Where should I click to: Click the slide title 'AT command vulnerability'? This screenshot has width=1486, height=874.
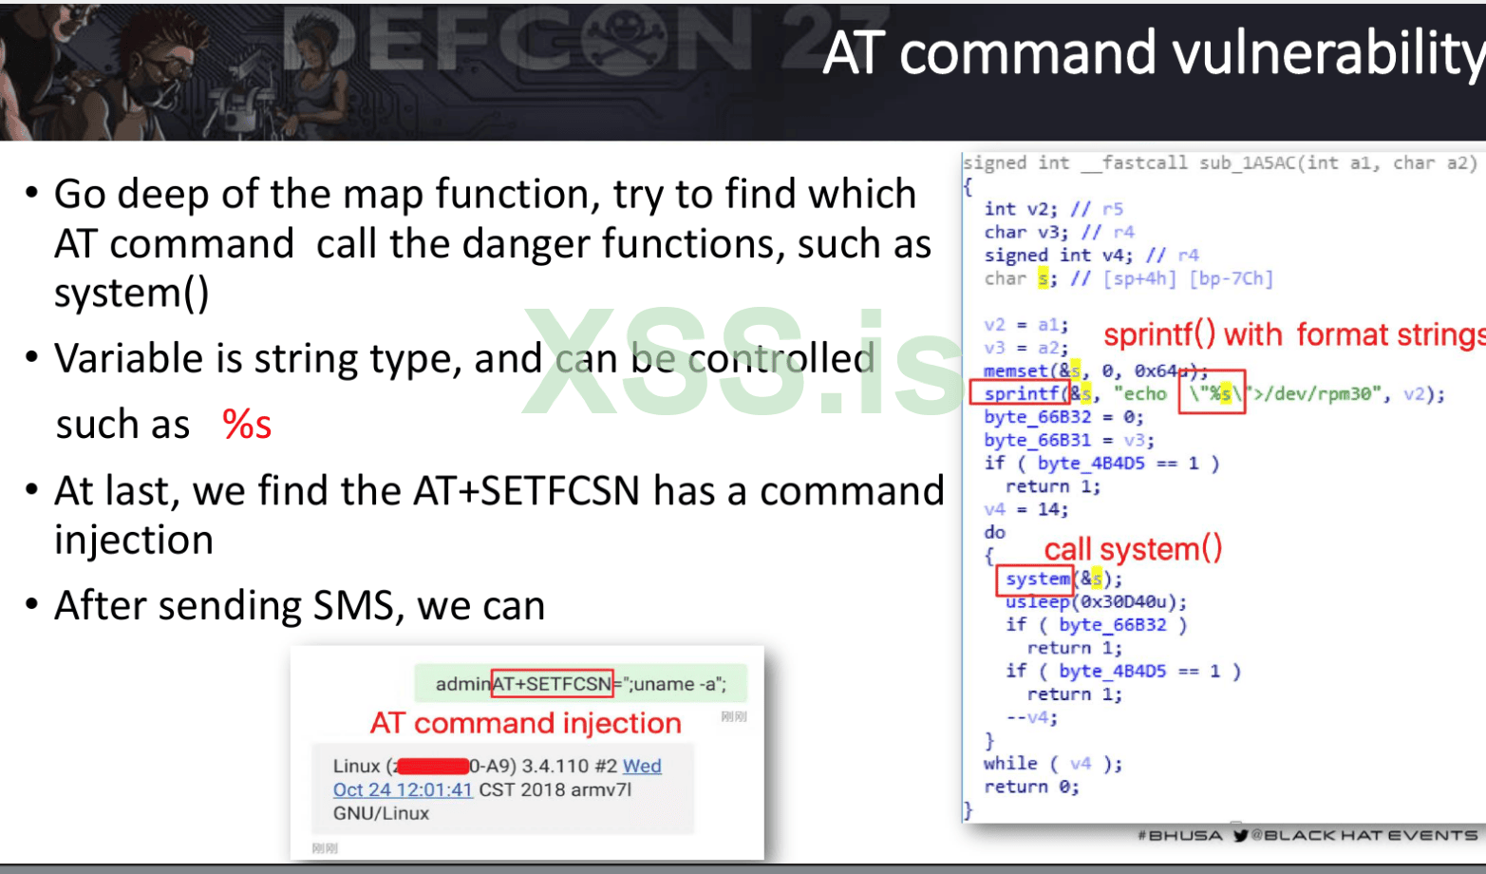pyautogui.click(x=1153, y=52)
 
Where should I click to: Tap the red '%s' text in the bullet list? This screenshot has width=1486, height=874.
pyautogui.click(x=247, y=425)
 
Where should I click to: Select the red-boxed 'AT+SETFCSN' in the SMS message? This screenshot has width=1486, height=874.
pyautogui.click(x=552, y=684)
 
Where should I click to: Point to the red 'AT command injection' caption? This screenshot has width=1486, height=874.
pyautogui.click(x=525, y=724)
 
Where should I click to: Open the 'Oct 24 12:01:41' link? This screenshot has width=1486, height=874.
pyautogui.click(x=403, y=790)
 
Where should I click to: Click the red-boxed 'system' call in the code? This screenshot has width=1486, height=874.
pyautogui.click(x=1036, y=579)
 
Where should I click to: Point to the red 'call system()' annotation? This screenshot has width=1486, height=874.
pyautogui.click(x=1133, y=549)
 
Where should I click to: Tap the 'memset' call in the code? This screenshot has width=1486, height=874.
pyautogui.click(x=1015, y=370)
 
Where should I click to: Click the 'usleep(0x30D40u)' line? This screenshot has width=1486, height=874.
pyautogui.click(x=1096, y=602)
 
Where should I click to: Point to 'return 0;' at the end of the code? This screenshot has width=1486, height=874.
pyautogui.click(x=1031, y=787)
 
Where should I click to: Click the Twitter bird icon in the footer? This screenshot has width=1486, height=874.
pyautogui.click(x=1240, y=836)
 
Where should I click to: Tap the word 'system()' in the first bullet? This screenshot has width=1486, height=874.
pyautogui.click(x=131, y=294)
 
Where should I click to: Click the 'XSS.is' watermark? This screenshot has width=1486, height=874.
pyautogui.click(x=741, y=362)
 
